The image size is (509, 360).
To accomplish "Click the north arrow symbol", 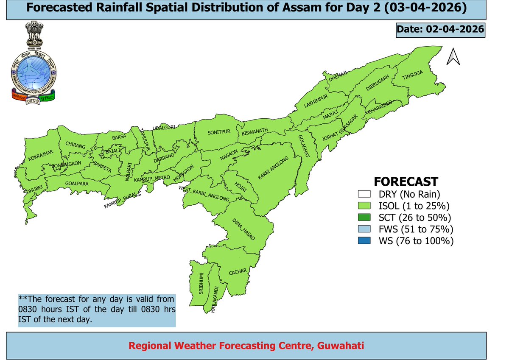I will tap(453, 57).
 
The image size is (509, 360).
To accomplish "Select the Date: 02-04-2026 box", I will tap(440, 30).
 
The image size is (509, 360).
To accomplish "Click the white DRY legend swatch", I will tap(364, 195).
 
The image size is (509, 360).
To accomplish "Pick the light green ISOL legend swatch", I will tap(364, 207).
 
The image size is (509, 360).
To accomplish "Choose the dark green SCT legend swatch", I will tap(364, 218).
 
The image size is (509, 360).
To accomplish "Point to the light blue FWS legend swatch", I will tap(364, 229).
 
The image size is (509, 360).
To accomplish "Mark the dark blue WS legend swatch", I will tap(364, 241).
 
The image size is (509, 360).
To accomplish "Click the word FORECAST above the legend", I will tap(406, 182).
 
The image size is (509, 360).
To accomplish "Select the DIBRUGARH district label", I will tap(378, 84).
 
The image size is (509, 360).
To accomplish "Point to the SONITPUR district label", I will tap(218, 132).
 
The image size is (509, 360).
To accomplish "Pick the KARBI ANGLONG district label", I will tap(274, 170).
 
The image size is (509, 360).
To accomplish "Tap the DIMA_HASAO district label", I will tap(243, 231).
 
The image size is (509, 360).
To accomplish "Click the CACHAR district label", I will tap(237, 272).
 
